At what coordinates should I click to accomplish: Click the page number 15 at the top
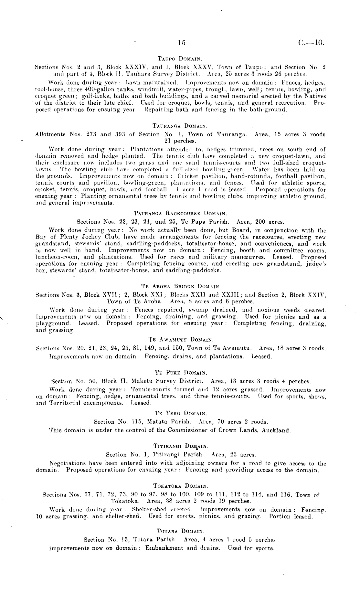[181, 42]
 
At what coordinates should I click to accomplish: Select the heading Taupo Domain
[180, 59]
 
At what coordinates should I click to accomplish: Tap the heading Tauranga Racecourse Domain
[181, 214]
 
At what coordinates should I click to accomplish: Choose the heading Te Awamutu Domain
[180, 340]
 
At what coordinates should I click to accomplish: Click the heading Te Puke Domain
[180, 373]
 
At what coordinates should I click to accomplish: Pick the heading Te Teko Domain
[180, 413]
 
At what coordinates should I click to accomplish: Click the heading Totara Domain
[180, 531]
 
